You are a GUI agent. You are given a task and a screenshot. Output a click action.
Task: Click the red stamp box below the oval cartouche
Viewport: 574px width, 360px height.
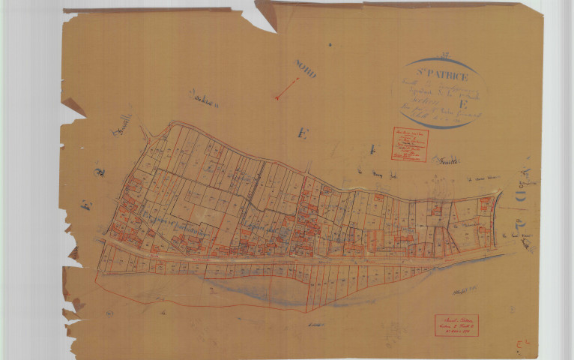(408, 144)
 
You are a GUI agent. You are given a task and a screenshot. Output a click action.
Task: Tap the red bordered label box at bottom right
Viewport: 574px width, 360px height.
(456, 325)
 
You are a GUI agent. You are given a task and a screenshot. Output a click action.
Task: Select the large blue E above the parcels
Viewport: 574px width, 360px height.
(302, 133)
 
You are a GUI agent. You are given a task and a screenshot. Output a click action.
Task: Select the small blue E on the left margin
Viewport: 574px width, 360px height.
(88, 204)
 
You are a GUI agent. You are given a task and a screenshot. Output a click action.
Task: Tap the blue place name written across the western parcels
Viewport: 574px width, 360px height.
(161, 220)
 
